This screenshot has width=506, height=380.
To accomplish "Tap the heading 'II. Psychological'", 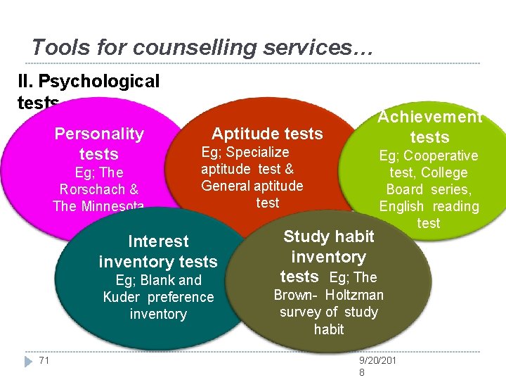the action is (x=89, y=82).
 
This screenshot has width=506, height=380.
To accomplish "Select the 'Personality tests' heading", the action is (x=99, y=144).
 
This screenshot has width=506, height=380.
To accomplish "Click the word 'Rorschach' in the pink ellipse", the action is (x=99, y=189).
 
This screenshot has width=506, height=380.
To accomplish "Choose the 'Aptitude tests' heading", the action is (x=267, y=134).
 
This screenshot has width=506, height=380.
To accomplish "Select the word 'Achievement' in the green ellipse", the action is (x=429, y=118).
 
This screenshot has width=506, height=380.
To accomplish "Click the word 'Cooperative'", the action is (x=439, y=156).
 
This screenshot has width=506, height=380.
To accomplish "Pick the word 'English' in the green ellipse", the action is (x=401, y=206).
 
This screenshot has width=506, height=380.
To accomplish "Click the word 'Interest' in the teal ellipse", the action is (x=158, y=241).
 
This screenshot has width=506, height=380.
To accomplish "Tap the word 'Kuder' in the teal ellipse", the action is (x=123, y=297).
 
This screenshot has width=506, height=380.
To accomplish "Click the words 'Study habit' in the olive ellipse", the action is (x=328, y=236).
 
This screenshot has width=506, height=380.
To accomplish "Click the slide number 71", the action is (x=44, y=361).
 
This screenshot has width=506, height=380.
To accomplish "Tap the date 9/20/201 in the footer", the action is (x=378, y=361).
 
